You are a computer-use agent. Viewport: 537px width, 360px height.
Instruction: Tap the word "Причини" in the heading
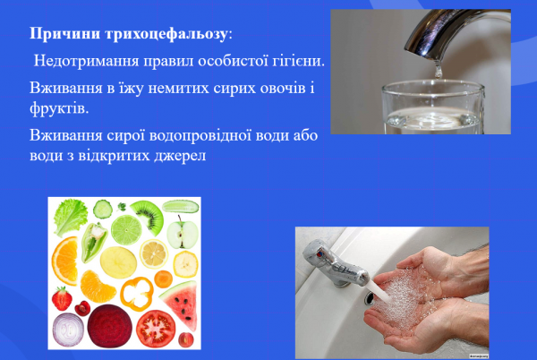coord(65,34)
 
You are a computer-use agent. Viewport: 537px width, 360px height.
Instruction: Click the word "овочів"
coord(260,92)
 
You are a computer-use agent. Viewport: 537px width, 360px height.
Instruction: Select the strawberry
coord(62,297)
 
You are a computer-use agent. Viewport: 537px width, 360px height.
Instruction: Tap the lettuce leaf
coord(68,216)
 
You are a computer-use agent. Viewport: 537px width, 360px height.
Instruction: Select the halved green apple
coord(183,234)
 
